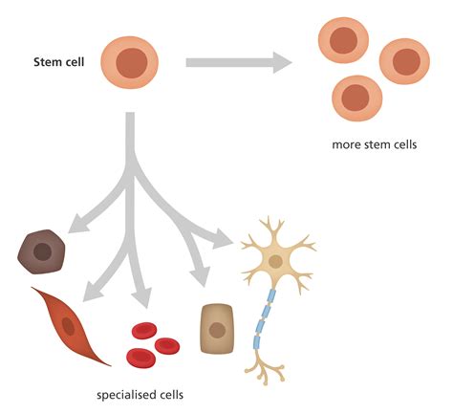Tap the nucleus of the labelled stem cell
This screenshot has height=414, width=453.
click(131, 64)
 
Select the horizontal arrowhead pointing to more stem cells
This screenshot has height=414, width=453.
click(279, 63)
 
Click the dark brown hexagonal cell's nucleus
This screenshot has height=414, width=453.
click(43, 252)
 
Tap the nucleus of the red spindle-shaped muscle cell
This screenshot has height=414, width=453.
click(69, 325)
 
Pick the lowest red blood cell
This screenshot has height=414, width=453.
click(141, 358)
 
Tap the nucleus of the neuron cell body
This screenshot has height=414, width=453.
click(275, 260)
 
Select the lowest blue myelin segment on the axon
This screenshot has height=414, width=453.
click(257, 339)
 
